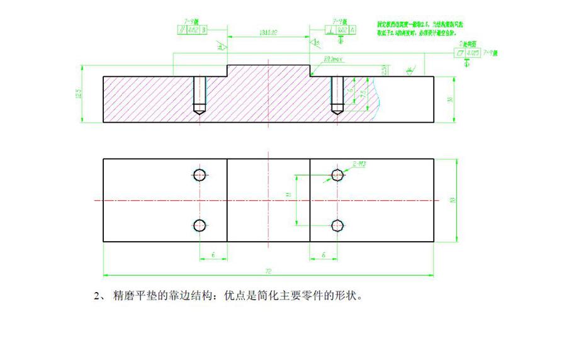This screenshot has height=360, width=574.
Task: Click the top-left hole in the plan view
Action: point(201,174)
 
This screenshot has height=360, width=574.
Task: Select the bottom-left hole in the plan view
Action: point(201,225)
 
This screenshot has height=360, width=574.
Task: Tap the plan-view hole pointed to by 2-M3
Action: point(338,174)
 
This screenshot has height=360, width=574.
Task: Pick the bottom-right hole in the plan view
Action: point(338,225)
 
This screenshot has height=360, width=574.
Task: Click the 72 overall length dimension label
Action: point(268,272)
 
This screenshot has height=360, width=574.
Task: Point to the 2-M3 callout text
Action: point(359,164)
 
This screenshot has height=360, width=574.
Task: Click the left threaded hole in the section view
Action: point(200,94)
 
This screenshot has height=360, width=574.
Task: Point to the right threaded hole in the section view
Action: point(337,94)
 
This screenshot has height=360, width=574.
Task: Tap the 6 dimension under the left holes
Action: point(213,255)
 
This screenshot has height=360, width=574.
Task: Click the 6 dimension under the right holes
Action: point(323,255)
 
